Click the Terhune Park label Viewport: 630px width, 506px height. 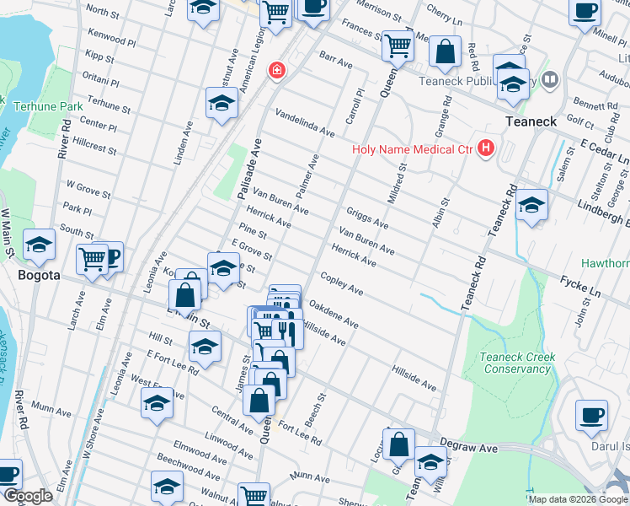click(48, 107)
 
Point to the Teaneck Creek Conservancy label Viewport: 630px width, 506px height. click(515, 363)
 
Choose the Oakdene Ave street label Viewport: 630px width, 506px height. click(334, 315)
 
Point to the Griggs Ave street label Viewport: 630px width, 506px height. click(367, 219)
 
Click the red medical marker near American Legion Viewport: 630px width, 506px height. click(275, 70)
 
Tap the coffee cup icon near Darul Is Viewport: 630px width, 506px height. click(591, 414)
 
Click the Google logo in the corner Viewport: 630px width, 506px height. click(28, 496)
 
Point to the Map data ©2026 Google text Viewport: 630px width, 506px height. click(578, 499)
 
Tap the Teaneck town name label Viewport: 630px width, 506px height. click(531, 121)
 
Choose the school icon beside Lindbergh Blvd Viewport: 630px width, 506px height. click(531, 205)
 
